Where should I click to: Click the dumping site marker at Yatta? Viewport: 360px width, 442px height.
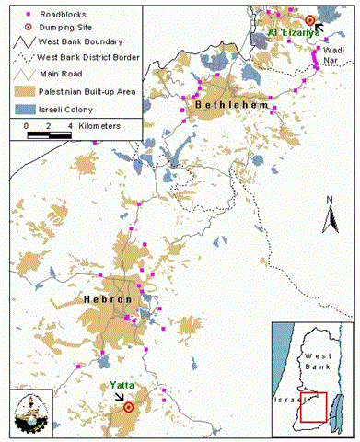pos(129,406)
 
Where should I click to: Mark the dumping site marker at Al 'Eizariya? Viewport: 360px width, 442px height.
pos(310,19)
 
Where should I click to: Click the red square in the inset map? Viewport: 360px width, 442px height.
pos(313,407)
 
